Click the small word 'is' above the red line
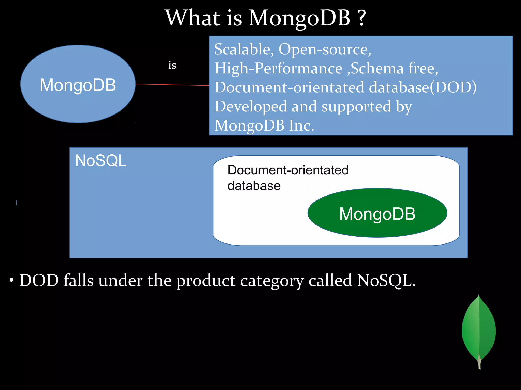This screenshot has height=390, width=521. coord(172,66)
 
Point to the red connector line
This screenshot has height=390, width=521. coord(172,85)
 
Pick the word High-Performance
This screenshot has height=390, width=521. coord(278,68)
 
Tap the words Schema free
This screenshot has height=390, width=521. coord(394,68)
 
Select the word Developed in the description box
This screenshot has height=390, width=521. coord(251,106)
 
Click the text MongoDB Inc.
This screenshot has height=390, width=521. coord(264,125)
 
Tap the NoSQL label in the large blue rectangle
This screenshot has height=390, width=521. coord(101,161)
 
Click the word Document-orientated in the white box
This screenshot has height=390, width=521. coord(288,170)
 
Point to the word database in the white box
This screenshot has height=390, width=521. coord(254,186)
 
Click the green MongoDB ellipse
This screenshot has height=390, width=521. coord(377,213)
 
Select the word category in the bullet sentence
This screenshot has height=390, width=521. coord(272,281)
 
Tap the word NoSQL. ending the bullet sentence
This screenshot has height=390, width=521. coord(386,281)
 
